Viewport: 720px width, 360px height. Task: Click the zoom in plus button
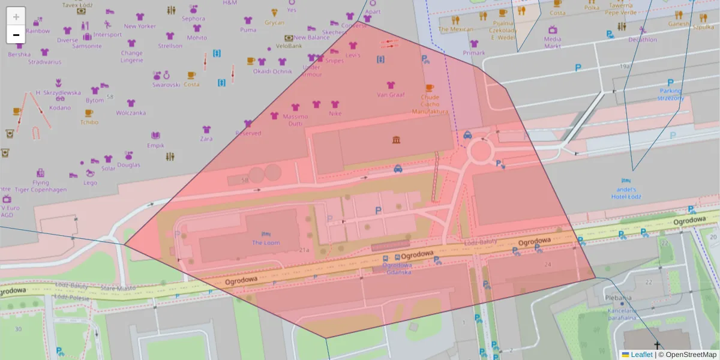16,17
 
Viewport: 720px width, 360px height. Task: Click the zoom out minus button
16,35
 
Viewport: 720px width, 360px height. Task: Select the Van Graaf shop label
391,95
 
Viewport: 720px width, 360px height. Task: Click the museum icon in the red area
396,140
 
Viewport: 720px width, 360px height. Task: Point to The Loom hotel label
266,242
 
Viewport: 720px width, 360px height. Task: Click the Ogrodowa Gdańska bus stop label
397,269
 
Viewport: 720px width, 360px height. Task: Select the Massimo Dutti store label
295,119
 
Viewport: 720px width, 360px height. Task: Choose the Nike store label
335,113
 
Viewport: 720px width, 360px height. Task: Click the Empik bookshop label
155,145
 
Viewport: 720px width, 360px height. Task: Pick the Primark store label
474,53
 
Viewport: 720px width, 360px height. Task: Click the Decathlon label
643,40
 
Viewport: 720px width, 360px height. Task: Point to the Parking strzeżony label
671,94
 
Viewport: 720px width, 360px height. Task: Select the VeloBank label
289,46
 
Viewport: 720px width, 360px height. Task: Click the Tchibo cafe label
89,122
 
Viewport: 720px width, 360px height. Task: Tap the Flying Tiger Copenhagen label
41,185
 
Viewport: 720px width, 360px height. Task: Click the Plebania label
618,297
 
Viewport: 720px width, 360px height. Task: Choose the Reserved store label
248,133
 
